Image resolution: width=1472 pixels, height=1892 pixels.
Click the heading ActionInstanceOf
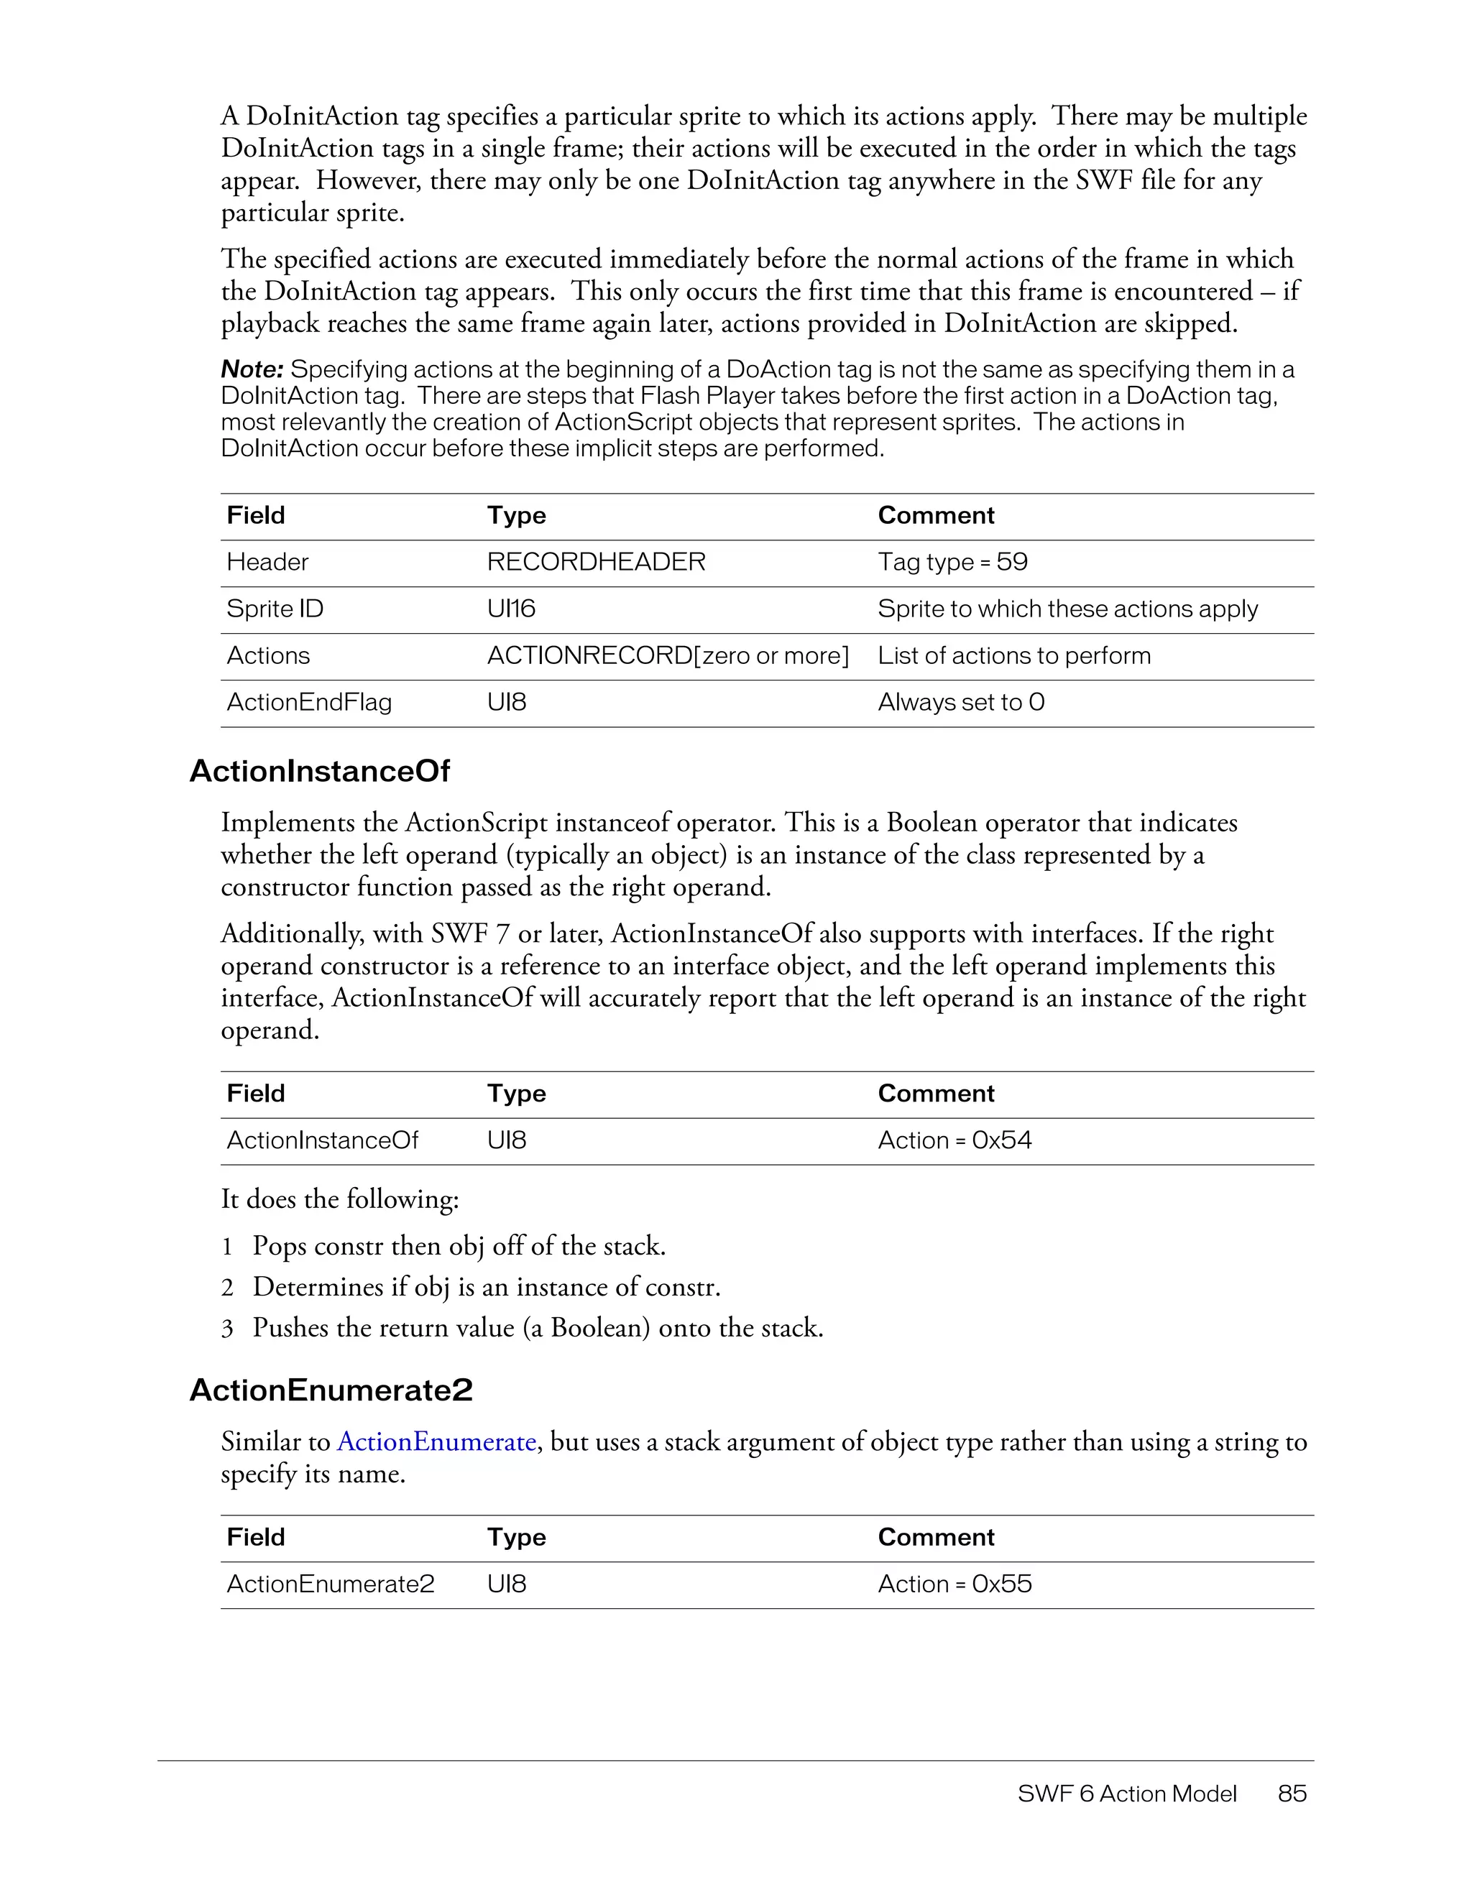point(319,771)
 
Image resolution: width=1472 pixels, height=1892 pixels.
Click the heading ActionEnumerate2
point(331,1390)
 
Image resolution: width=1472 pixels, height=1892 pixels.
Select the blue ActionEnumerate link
point(436,1441)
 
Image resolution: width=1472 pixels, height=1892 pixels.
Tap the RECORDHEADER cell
point(596,562)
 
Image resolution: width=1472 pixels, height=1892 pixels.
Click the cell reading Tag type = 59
point(952,562)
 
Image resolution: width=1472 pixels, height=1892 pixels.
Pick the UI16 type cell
point(511,609)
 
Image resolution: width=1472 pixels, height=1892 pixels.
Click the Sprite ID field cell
point(275,609)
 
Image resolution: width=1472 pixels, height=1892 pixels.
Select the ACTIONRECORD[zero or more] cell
point(667,656)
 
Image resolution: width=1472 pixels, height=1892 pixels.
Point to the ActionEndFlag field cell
point(309,703)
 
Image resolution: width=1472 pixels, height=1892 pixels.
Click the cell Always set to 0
point(961,703)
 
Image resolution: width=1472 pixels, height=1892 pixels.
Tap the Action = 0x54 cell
point(954,1140)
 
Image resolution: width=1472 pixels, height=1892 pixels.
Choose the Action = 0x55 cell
point(954,1584)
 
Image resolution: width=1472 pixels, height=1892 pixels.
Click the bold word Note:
point(252,370)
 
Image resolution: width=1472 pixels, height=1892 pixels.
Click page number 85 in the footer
point(1292,1794)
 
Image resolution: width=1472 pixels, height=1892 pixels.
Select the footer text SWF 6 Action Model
point(1126,1794)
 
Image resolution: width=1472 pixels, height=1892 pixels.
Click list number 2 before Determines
point(227,1288)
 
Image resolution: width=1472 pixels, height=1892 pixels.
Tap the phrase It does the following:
point(340,1199)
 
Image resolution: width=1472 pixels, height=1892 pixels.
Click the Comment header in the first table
point(936,515)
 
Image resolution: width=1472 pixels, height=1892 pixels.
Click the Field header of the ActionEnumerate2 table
point(256,1537)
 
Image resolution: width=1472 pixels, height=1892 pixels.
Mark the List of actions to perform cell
point(1013,656)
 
